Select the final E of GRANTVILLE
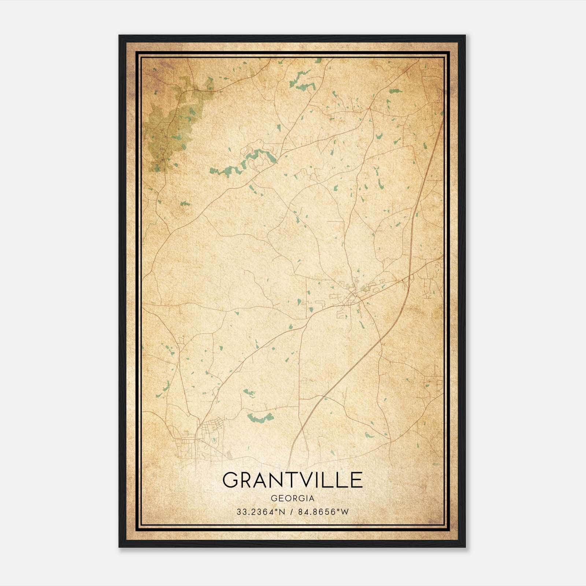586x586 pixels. pos(355,480)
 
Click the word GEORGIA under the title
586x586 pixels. pos(293,498)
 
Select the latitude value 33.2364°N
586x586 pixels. pos(260,512)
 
